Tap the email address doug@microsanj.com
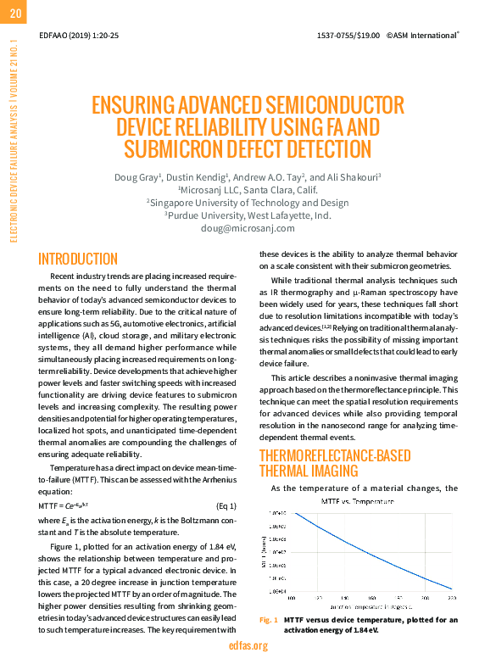[x=248, y=228]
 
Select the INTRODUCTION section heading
[x=78, y=259]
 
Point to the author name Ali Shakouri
[x=356, y=177]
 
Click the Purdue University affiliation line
[x=248, y=215]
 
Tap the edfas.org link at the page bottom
[x=248, y=646]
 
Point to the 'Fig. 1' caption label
[x=268, y=621]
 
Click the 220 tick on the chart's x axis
[x=451, y=598]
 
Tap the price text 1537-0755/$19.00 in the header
[x=348, y=36]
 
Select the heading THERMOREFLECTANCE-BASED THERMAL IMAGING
[x=322, y=463]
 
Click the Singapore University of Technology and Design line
[x=248, y=203]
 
